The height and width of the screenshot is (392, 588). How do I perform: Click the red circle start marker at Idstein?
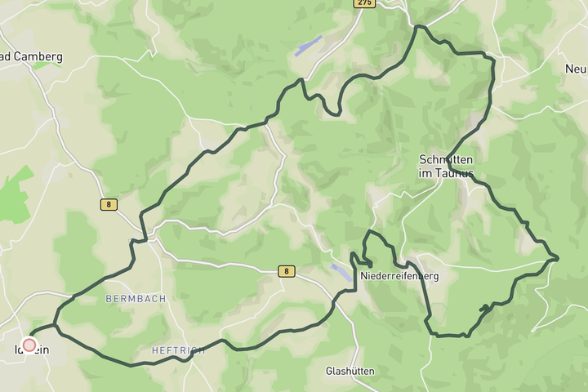[29, 345]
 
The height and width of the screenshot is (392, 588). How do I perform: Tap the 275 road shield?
[363, 4]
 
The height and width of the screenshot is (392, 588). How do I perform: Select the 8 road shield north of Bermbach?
[107, 204]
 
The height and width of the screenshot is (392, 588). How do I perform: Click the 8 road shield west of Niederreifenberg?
[285, 271]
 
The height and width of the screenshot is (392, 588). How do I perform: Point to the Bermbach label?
[136, 299]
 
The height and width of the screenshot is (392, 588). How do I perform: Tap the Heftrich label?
[178, 350]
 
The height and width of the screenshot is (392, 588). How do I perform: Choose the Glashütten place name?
[350, 371]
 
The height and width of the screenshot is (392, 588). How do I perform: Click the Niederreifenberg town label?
[399, 276]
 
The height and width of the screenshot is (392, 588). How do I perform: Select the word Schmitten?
[446, 158]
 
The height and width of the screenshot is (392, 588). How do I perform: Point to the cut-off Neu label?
[577, 69]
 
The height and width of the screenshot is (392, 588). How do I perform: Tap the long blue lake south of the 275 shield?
[309, 45]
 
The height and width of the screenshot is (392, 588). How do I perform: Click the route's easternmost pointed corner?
[558, 259]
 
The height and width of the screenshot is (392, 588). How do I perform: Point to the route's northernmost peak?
[420, 27]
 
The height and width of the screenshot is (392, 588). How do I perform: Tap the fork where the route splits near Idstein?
[56, 326]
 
